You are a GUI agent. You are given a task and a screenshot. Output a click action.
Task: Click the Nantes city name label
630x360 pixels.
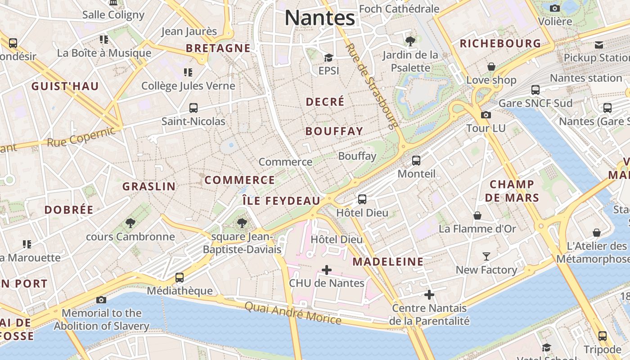[x=319, y=18]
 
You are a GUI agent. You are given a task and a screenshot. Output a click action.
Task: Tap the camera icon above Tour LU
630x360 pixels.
[x=486, y=115]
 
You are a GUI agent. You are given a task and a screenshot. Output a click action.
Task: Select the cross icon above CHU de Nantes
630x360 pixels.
[x=327, y=270]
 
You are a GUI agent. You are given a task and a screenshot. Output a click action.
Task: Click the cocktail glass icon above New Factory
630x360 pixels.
[x=486, y=256]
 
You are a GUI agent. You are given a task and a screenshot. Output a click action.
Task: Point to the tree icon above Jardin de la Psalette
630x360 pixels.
[x=410, y=41]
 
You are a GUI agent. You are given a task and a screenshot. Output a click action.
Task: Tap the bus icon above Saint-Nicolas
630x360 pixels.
[x=193, y=108]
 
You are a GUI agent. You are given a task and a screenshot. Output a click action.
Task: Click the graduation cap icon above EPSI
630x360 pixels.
[x=328, y=58]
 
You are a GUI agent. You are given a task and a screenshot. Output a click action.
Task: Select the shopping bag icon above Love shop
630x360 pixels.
[x=491, y=67]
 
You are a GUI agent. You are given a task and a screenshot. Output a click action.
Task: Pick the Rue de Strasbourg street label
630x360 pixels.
[x=372, y=85]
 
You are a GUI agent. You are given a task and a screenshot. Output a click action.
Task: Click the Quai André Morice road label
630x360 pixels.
[x=293, y=313]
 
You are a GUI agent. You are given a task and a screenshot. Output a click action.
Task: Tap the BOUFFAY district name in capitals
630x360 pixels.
[x=334, y=131]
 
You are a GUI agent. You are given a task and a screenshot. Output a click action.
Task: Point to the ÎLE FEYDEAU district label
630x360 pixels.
[x=281, y=201]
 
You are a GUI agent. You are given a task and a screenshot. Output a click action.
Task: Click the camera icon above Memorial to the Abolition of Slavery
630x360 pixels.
[x=101, y=300]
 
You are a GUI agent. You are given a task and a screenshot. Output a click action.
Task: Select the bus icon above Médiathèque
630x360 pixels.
[x=180, y=277]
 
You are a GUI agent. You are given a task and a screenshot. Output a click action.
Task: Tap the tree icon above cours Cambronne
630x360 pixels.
[x=130, y=223]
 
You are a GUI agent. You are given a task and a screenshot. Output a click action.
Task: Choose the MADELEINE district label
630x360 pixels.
[x=388, y=261]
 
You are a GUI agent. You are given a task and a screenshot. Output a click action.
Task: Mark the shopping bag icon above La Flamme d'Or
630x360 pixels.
[x=477, y=216]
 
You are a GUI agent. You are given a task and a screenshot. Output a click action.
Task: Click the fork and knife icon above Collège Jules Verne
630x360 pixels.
[x=188, y=72]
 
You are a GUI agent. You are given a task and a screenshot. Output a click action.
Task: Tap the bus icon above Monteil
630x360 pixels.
[x=416, y=161]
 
